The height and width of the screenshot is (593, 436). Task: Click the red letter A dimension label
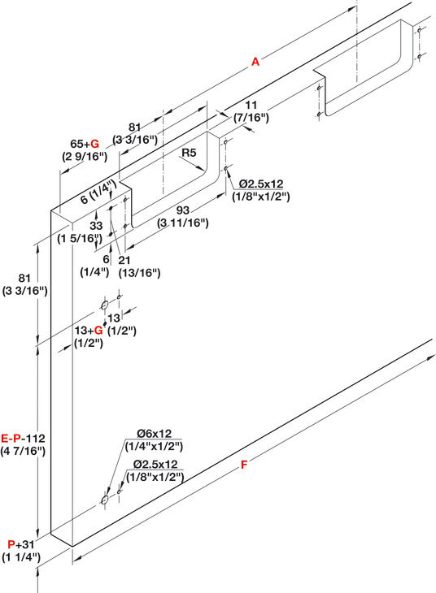[x=255, y=62]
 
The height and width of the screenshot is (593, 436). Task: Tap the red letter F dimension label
[x=244, y=464]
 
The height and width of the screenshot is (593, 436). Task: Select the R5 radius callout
[x=189, y=153]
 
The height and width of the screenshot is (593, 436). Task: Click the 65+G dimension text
[x=85, y=144]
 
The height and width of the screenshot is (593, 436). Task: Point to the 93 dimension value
[x=182, y=210]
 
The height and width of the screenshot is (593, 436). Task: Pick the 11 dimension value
[x=251, y=105]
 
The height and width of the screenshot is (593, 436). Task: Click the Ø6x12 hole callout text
[x=155, y=434]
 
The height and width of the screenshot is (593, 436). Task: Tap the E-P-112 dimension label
[x=23, y=439]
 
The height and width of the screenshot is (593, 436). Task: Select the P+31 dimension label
[x=21, y=544]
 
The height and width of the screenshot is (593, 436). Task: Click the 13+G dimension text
[x=89, y=330]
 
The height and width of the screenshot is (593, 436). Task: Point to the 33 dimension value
[x=96, y=225]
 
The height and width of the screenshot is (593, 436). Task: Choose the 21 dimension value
[x=124, y=260]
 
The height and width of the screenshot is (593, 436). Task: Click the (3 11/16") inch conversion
[x=182, y=223]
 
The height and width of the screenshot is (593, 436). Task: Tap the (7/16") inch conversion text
[x=251, y=118]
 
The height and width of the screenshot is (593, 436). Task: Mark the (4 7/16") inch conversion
[x=23, y=451]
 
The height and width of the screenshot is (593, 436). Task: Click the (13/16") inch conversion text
[x=139, y=272]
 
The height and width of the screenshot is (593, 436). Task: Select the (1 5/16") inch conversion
[x=80, y=238]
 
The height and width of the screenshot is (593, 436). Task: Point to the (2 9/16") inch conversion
[x=85, y=156]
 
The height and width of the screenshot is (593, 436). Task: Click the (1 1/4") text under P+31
[x=21, y=557]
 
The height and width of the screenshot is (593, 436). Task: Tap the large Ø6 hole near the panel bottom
[x=105, y=500]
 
